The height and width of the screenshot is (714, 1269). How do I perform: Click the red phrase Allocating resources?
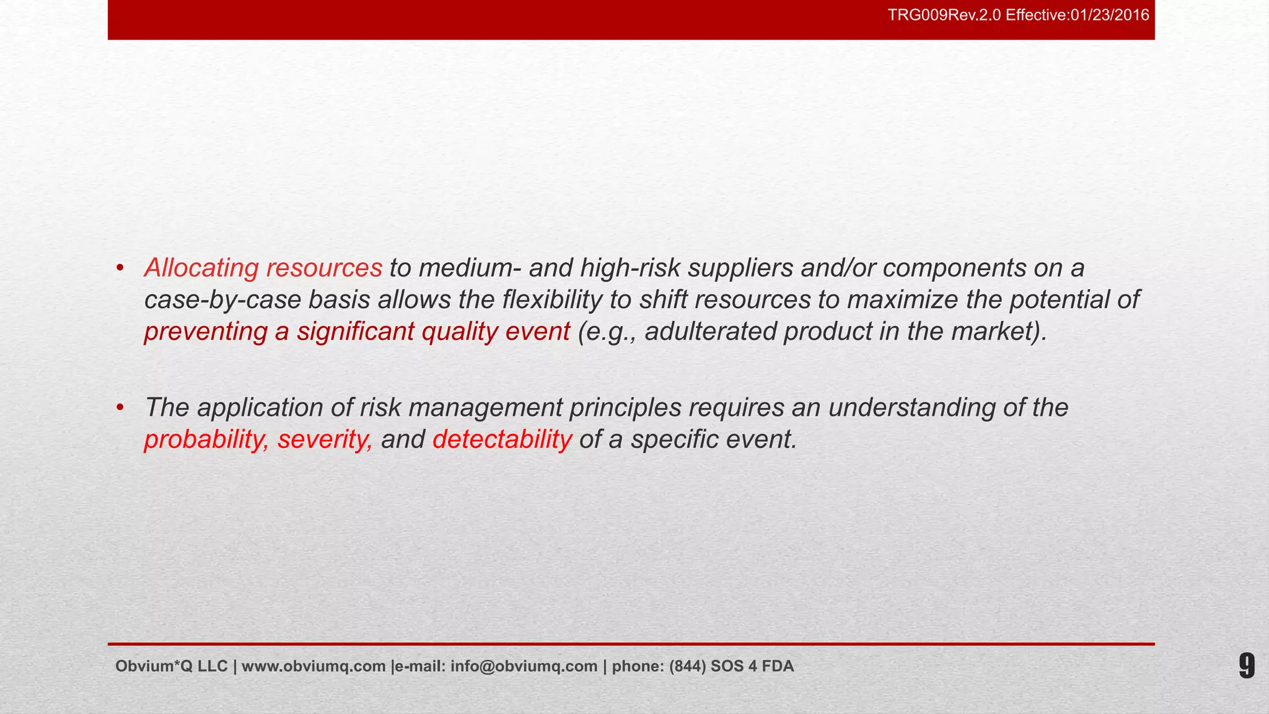point(263,268)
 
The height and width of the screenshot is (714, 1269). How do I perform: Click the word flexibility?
point(551,300)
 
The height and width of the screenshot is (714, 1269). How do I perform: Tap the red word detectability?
point(502,440)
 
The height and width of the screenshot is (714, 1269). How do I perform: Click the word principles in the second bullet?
point(625,408)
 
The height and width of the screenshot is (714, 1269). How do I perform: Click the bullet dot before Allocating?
point(120,268)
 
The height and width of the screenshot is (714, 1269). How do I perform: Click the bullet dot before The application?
point(120,408)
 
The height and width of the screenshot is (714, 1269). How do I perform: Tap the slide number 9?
point(1246,666)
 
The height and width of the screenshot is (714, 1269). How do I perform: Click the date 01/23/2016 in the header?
point(1110,15)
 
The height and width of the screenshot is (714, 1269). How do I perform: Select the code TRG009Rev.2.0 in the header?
point(944,15)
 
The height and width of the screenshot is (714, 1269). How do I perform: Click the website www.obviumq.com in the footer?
point(314,666)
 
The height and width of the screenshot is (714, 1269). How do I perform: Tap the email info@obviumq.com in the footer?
point(524,666)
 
